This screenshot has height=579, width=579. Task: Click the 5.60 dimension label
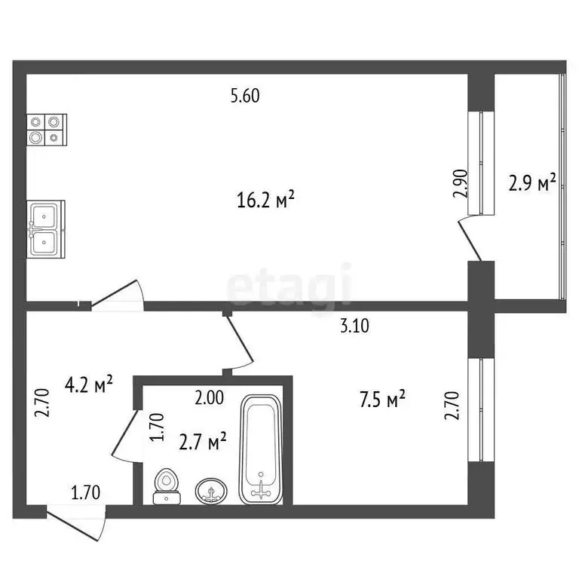click(249, 96)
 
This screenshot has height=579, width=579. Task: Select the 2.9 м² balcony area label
click(533, 183)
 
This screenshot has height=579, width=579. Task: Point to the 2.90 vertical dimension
click(461, 183)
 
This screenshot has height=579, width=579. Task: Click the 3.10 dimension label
click(356, 326)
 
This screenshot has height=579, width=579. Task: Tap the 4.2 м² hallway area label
click(88, 385)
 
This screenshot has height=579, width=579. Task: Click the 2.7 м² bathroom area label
click(204, 442)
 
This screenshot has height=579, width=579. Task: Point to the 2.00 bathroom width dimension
click(209, 399)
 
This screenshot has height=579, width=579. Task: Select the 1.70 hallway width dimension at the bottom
click(87, 494)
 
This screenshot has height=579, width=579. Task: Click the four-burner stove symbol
click(47, 129)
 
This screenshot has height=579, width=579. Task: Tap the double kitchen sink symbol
click(47, 229)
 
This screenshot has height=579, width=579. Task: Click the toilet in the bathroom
click(167, 486)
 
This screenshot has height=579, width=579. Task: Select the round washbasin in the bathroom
click(210, 492)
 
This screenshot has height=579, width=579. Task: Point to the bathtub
click(261, 449)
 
